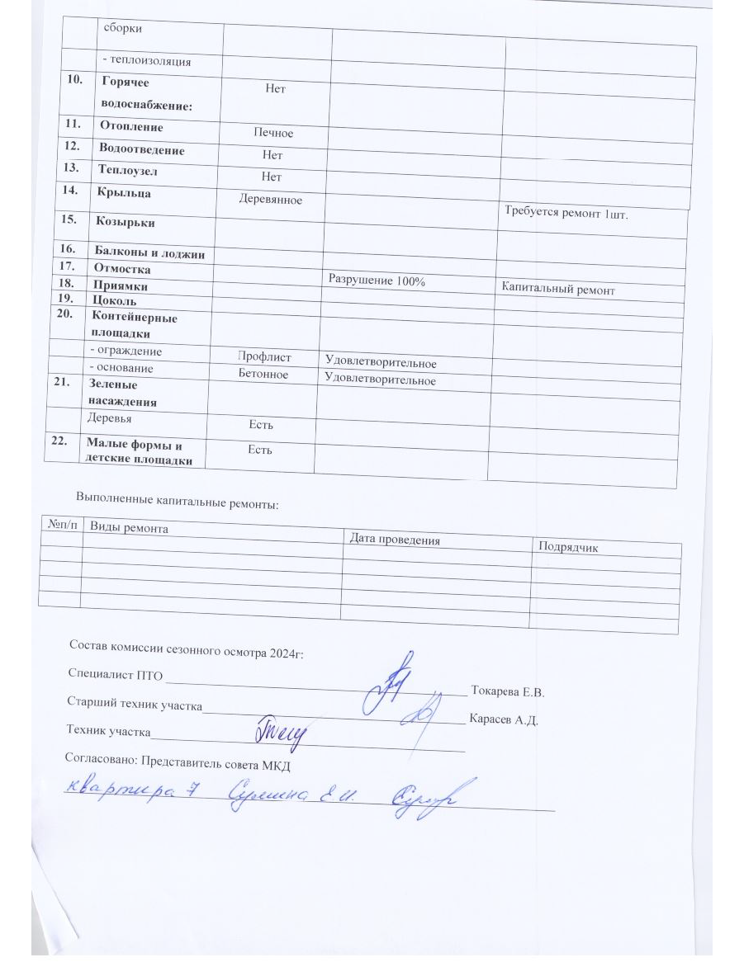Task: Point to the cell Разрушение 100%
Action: click(377, 281)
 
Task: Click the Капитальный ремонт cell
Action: click(558, 290)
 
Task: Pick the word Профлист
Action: click(264, 357)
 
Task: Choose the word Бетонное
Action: click(263, 375)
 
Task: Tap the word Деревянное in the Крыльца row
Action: click(270, 199)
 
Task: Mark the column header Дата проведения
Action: click(394, 540)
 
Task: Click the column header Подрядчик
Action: click(568, 547)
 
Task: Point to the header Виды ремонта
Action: click(129, 528)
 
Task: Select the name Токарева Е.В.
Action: click(507, 691)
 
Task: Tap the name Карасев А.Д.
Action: click(504, 720)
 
